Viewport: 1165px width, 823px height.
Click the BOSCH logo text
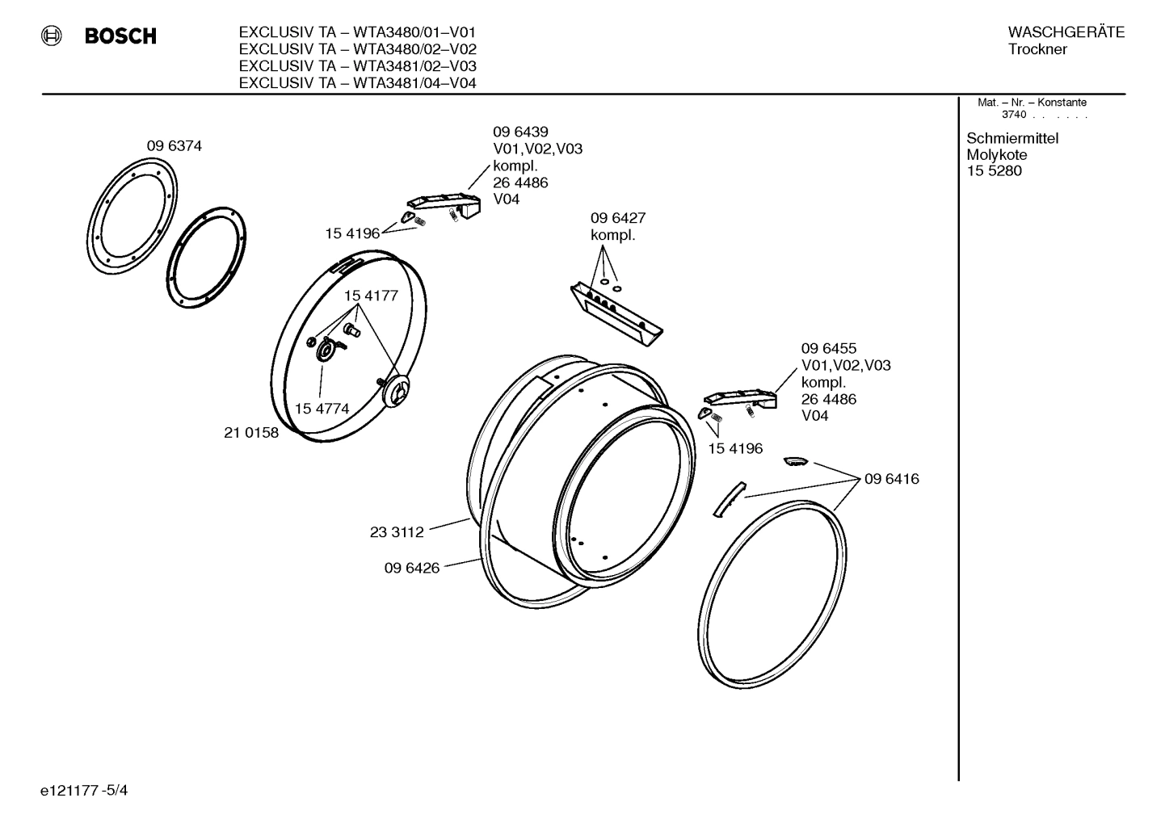120,36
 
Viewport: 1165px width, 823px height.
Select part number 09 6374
174,146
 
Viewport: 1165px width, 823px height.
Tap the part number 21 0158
250,433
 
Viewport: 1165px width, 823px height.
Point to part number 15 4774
322,409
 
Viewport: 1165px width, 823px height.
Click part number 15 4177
371,296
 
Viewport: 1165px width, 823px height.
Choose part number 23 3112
397,532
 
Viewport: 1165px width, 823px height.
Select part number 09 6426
411,568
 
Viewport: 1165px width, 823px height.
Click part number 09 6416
891,479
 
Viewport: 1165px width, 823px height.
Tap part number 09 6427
617,218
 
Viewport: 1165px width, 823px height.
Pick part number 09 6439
520,132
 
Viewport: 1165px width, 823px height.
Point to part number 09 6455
828,349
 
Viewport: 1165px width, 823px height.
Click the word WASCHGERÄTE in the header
1066,32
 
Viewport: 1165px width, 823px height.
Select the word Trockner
1037,49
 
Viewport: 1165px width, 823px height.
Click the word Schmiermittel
1012,138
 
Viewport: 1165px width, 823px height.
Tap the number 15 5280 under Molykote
994,170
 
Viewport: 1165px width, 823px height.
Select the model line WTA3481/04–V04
357,83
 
